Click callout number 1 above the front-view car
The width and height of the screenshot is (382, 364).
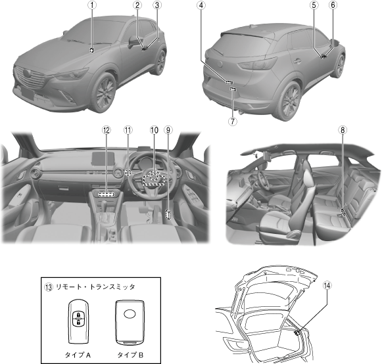(x=92, y=5)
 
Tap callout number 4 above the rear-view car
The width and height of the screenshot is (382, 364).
(x=201, y=5)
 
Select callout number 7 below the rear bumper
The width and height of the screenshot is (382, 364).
(x=233, y=121)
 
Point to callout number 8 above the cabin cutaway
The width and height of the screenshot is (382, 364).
(x=343, y=130)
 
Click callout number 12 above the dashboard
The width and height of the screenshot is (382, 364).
(x=107, y=130)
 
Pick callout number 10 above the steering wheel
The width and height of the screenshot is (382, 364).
(x=154, y=130)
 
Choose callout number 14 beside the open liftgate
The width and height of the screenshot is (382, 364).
(x=327, y=285)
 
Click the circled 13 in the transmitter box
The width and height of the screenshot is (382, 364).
(x=49, y=287)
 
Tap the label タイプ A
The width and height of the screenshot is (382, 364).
(x=78, y=355)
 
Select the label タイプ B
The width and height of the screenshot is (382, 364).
(x=130, y=355)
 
